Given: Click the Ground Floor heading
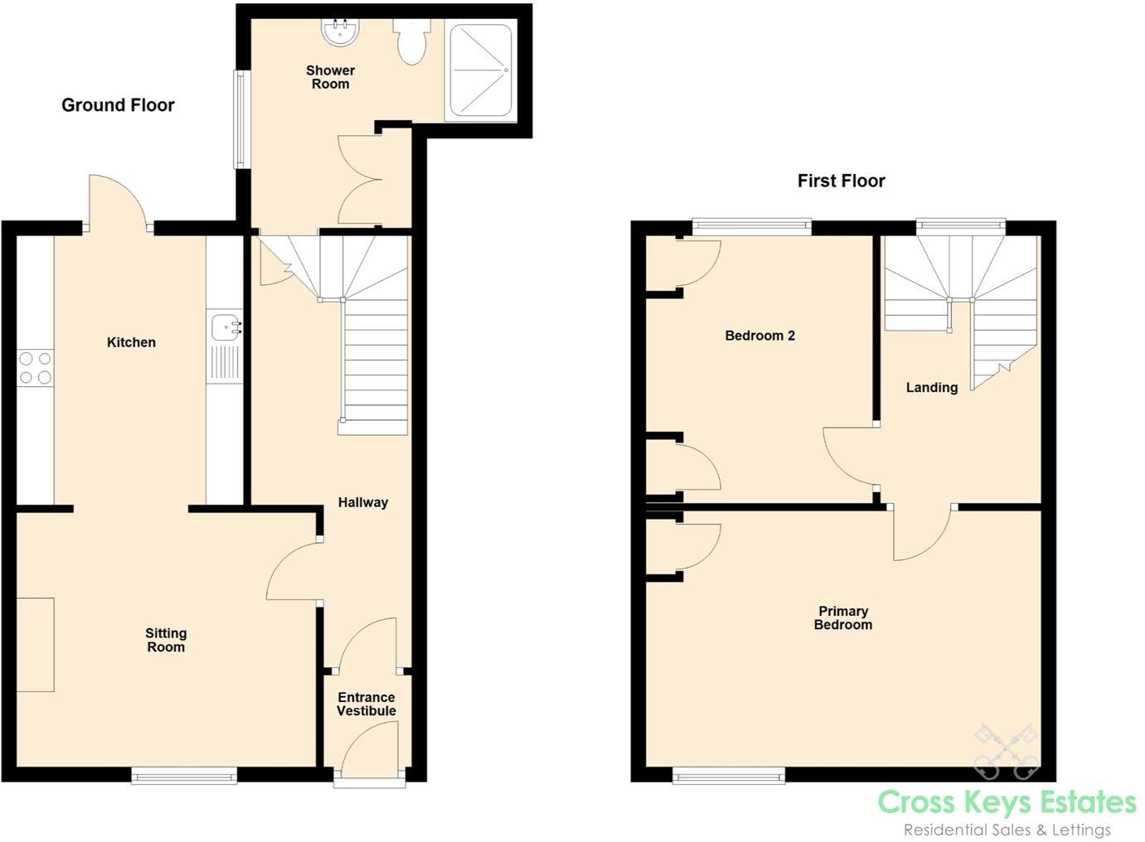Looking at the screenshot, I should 118,105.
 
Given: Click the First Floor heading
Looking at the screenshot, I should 841,181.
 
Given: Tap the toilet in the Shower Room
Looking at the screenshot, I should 411,42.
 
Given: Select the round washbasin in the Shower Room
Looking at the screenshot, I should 340,32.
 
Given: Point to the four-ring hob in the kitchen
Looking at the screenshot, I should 35,368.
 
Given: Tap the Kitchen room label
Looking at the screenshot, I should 131,342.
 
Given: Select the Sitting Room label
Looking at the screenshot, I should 166,641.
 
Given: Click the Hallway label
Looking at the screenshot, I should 362,502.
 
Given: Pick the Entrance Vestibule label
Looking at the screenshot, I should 366,704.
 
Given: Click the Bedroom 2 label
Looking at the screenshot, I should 759,336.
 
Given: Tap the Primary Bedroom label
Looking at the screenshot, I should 842,618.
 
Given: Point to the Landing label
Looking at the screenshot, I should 931,387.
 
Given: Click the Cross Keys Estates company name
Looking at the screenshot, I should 1007,802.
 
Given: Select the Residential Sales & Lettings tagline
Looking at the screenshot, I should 1007,830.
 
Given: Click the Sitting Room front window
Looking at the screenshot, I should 184,776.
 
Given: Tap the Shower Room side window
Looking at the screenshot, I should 240,119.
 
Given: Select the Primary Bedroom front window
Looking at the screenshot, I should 729,776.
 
